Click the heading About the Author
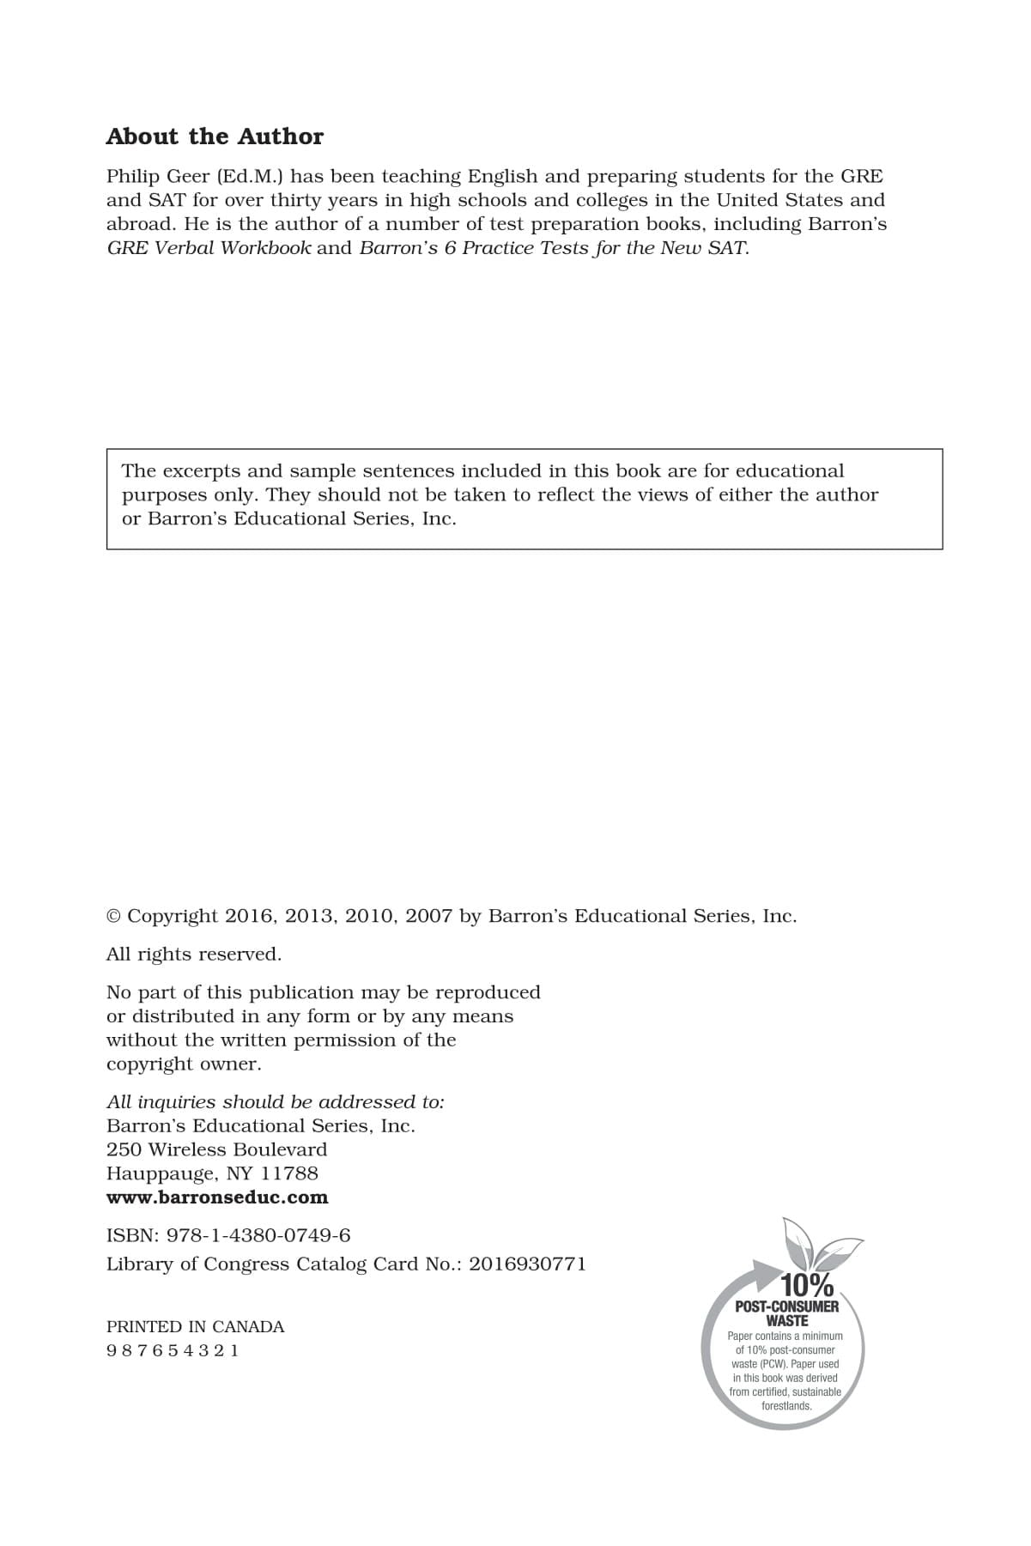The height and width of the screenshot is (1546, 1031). [215, 136]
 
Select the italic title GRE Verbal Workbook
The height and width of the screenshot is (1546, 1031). [209, 249]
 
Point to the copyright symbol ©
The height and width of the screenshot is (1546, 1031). [113, 917]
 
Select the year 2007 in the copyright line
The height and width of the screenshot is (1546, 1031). [428, 917]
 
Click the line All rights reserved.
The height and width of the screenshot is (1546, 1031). [193, 955]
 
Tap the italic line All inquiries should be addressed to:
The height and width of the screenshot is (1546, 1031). [275, 1102]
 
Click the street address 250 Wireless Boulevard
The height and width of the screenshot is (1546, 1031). [216, 1150]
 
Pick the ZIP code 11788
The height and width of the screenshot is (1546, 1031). [289, 1174]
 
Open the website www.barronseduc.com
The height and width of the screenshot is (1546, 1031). [217, 1197]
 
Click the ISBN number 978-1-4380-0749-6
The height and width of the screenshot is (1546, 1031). [258, 1236]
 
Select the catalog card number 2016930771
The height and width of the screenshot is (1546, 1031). [527, 1264]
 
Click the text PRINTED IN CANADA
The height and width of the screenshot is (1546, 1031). [195, 1327]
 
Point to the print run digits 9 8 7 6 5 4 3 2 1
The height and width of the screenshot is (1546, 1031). [173, 1351]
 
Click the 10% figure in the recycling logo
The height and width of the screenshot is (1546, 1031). [806, 1286]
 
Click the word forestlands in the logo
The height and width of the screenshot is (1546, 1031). [786, 1406]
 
